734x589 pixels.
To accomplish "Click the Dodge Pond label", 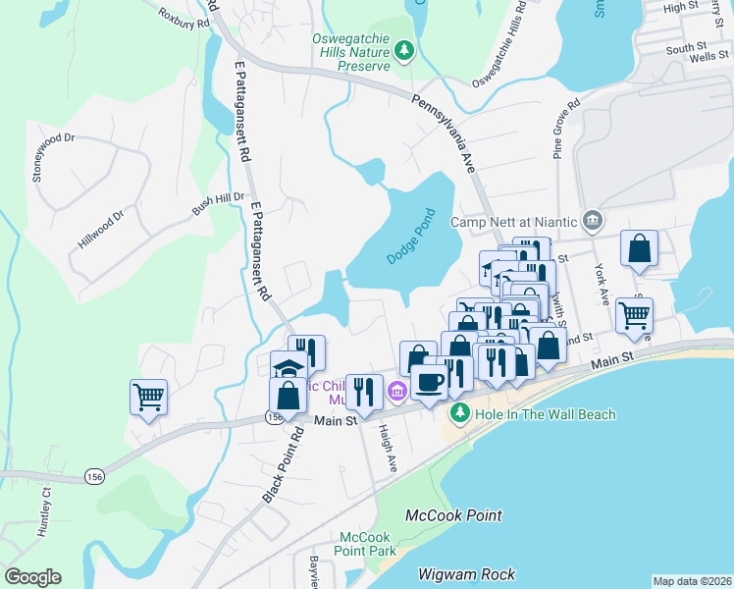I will coord(410,235).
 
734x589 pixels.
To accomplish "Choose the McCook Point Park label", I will coord(366,544).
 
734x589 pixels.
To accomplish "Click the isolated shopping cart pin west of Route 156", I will coord(148,398).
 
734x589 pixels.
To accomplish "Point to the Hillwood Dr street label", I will coord(101,230).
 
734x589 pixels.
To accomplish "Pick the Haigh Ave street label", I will coord(388,447).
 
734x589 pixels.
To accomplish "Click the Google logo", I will coord(32,576).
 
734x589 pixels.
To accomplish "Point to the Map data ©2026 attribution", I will coord(692,581).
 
